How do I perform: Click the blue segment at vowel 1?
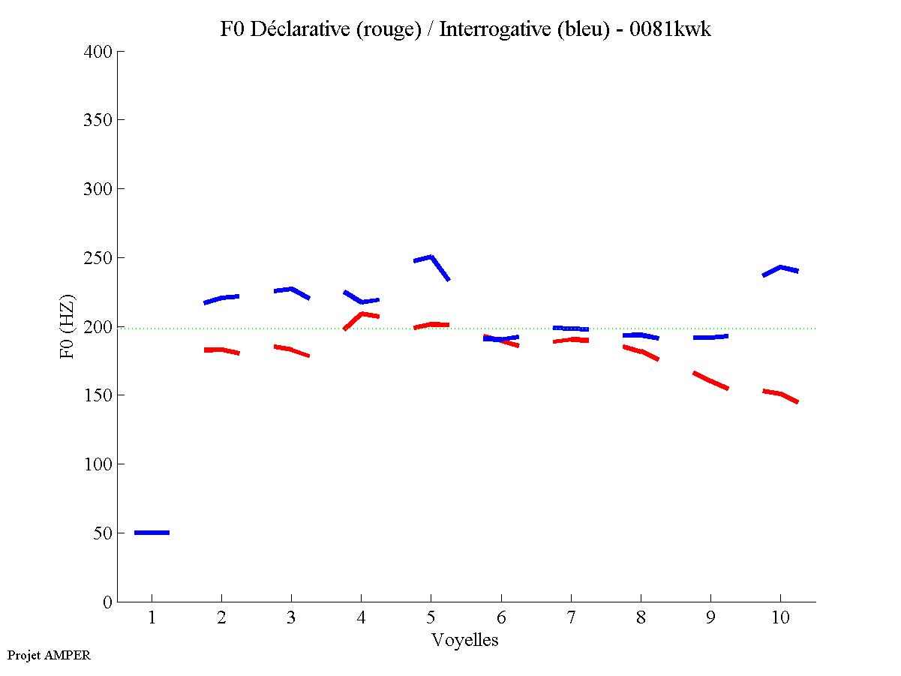pyautogui.click(x=152, y=532)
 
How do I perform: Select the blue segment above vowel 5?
pyautogui.click(x=431, y=259)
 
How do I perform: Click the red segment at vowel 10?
pyautogui.click(x=780, y=394)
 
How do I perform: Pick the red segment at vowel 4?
pyautogui.click(x=362, y=315)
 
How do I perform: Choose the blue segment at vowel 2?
pyautogui.click(x=221, y=299)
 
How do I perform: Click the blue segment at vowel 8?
pyautogui.click(x=640, y=335)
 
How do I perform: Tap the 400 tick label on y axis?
pyautogui.click(x=98, y=52)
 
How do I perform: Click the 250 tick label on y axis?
pyautogui.click(x=98, y=258)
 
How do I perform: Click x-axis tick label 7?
pyautogui.click(x=571, y=618)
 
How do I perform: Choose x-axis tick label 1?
pyautogui.click(x=152, y=618)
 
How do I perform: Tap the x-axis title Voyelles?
pyautogui.click(x=465, y=640)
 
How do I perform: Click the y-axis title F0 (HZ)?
pyautogui.click(x=67, y=327)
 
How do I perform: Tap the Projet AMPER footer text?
pyautogui.click(x=48, y=655)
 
